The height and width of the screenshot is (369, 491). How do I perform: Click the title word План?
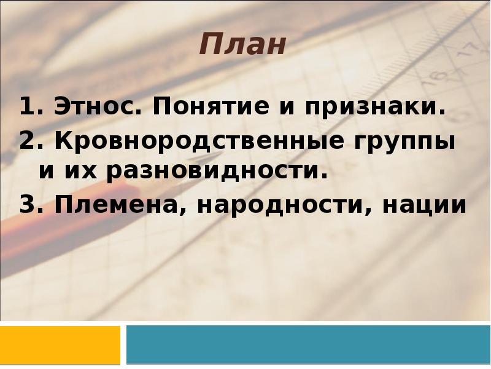point(242,46)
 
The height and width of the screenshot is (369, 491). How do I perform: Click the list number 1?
point(26,108)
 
